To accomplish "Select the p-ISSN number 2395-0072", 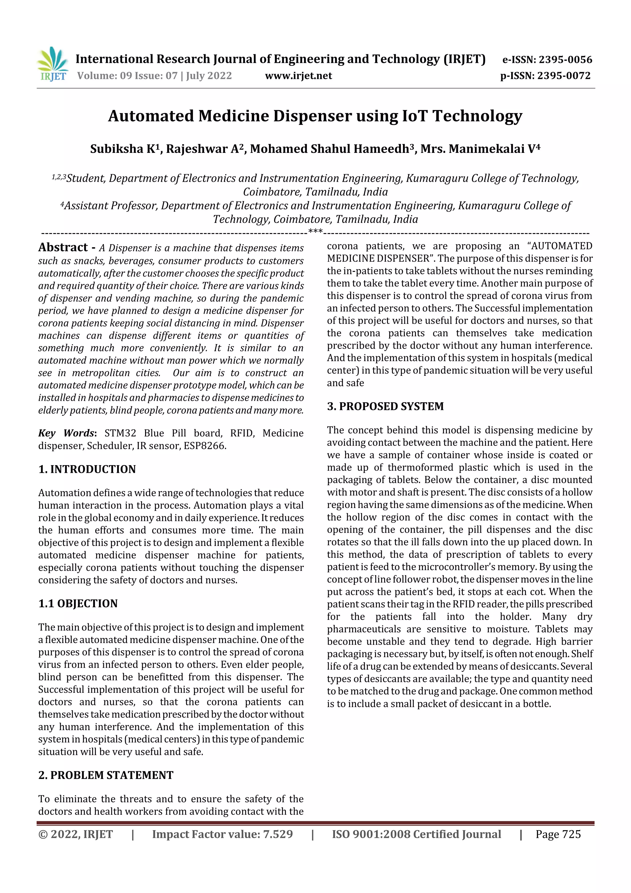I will tap(564, 76).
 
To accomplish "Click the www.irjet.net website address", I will tap(298, 76).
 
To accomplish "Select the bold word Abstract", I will tap(63, 247).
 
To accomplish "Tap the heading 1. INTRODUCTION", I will tap(87, 469).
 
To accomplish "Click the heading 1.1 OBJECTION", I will tap(78, 603).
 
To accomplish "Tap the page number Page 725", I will tap(558, 834).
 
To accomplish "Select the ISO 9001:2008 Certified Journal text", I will tap(416, 834).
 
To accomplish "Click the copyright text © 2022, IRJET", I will tap(75, 834).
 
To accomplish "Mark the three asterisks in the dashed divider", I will tap(315, 232).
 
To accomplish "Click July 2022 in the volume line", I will tap(209, 76).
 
